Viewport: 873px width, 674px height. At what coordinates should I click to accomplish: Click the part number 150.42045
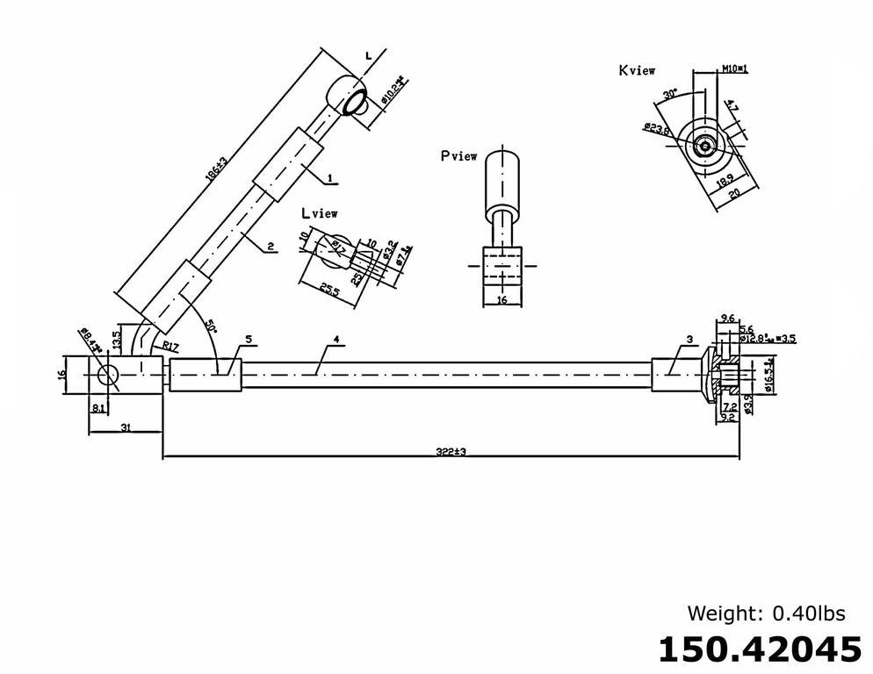(x=760, y=649)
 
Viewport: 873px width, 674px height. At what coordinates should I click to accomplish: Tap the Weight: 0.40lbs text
(x=774, y=612)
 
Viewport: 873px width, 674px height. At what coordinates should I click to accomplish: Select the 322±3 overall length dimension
(x=450, y=451)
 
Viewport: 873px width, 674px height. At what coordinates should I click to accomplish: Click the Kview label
(x=636, y=70)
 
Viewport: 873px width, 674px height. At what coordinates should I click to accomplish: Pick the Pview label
(x=459, y=156)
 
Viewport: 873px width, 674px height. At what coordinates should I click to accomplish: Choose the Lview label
(x=319, y=213)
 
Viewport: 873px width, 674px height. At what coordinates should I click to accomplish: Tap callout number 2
(x=272, y=247)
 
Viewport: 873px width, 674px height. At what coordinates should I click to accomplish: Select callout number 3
(x=689, y=339)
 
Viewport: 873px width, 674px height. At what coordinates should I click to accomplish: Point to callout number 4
(x=336, y=339)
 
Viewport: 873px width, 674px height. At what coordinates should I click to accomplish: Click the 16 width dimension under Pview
(x=501, y=300)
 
